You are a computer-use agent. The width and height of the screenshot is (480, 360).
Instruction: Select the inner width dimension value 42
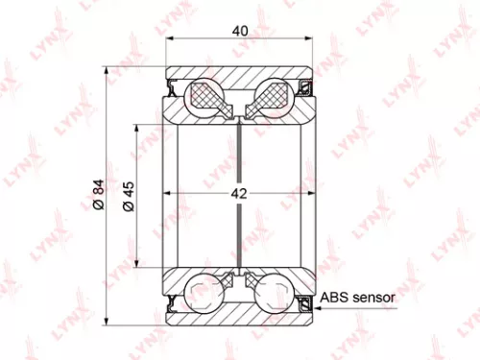click(238, 194)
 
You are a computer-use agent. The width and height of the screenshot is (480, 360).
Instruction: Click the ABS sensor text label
click(356, 298)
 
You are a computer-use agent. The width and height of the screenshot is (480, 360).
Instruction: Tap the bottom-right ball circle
click(272, 292)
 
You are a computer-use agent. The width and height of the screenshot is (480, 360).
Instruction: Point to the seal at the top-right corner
click(306, 89)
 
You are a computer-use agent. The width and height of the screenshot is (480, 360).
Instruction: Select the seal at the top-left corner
click(172, 89)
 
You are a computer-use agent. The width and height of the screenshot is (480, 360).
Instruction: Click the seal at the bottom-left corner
click(172, 303)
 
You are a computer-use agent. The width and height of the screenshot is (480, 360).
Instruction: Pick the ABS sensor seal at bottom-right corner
click(306, 304)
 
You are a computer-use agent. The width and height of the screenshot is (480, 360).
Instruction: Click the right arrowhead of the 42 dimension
click(303, 195)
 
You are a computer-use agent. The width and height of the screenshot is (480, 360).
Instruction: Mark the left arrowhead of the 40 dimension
click(171, 41)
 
